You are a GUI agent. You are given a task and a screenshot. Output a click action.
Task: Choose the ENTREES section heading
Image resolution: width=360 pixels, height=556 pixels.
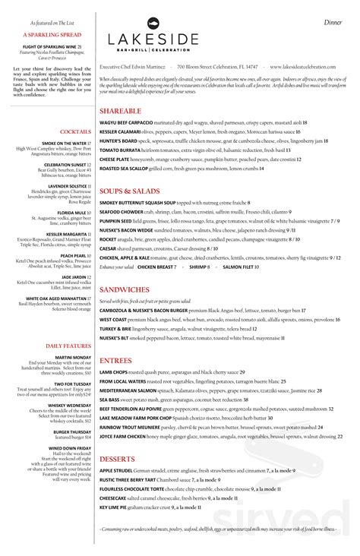(x=116, y=360)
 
